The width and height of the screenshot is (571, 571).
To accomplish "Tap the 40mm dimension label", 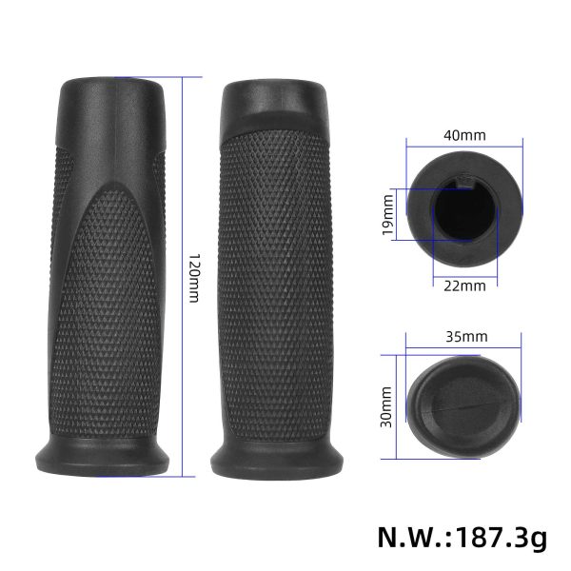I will point(464,134).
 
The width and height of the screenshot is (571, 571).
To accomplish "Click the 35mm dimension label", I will point(465,336).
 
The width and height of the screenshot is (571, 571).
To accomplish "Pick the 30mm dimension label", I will point(388,407).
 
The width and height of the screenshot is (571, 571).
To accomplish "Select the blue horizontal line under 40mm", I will point(464,146).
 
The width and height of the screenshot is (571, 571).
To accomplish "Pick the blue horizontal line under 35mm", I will point(464,347).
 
